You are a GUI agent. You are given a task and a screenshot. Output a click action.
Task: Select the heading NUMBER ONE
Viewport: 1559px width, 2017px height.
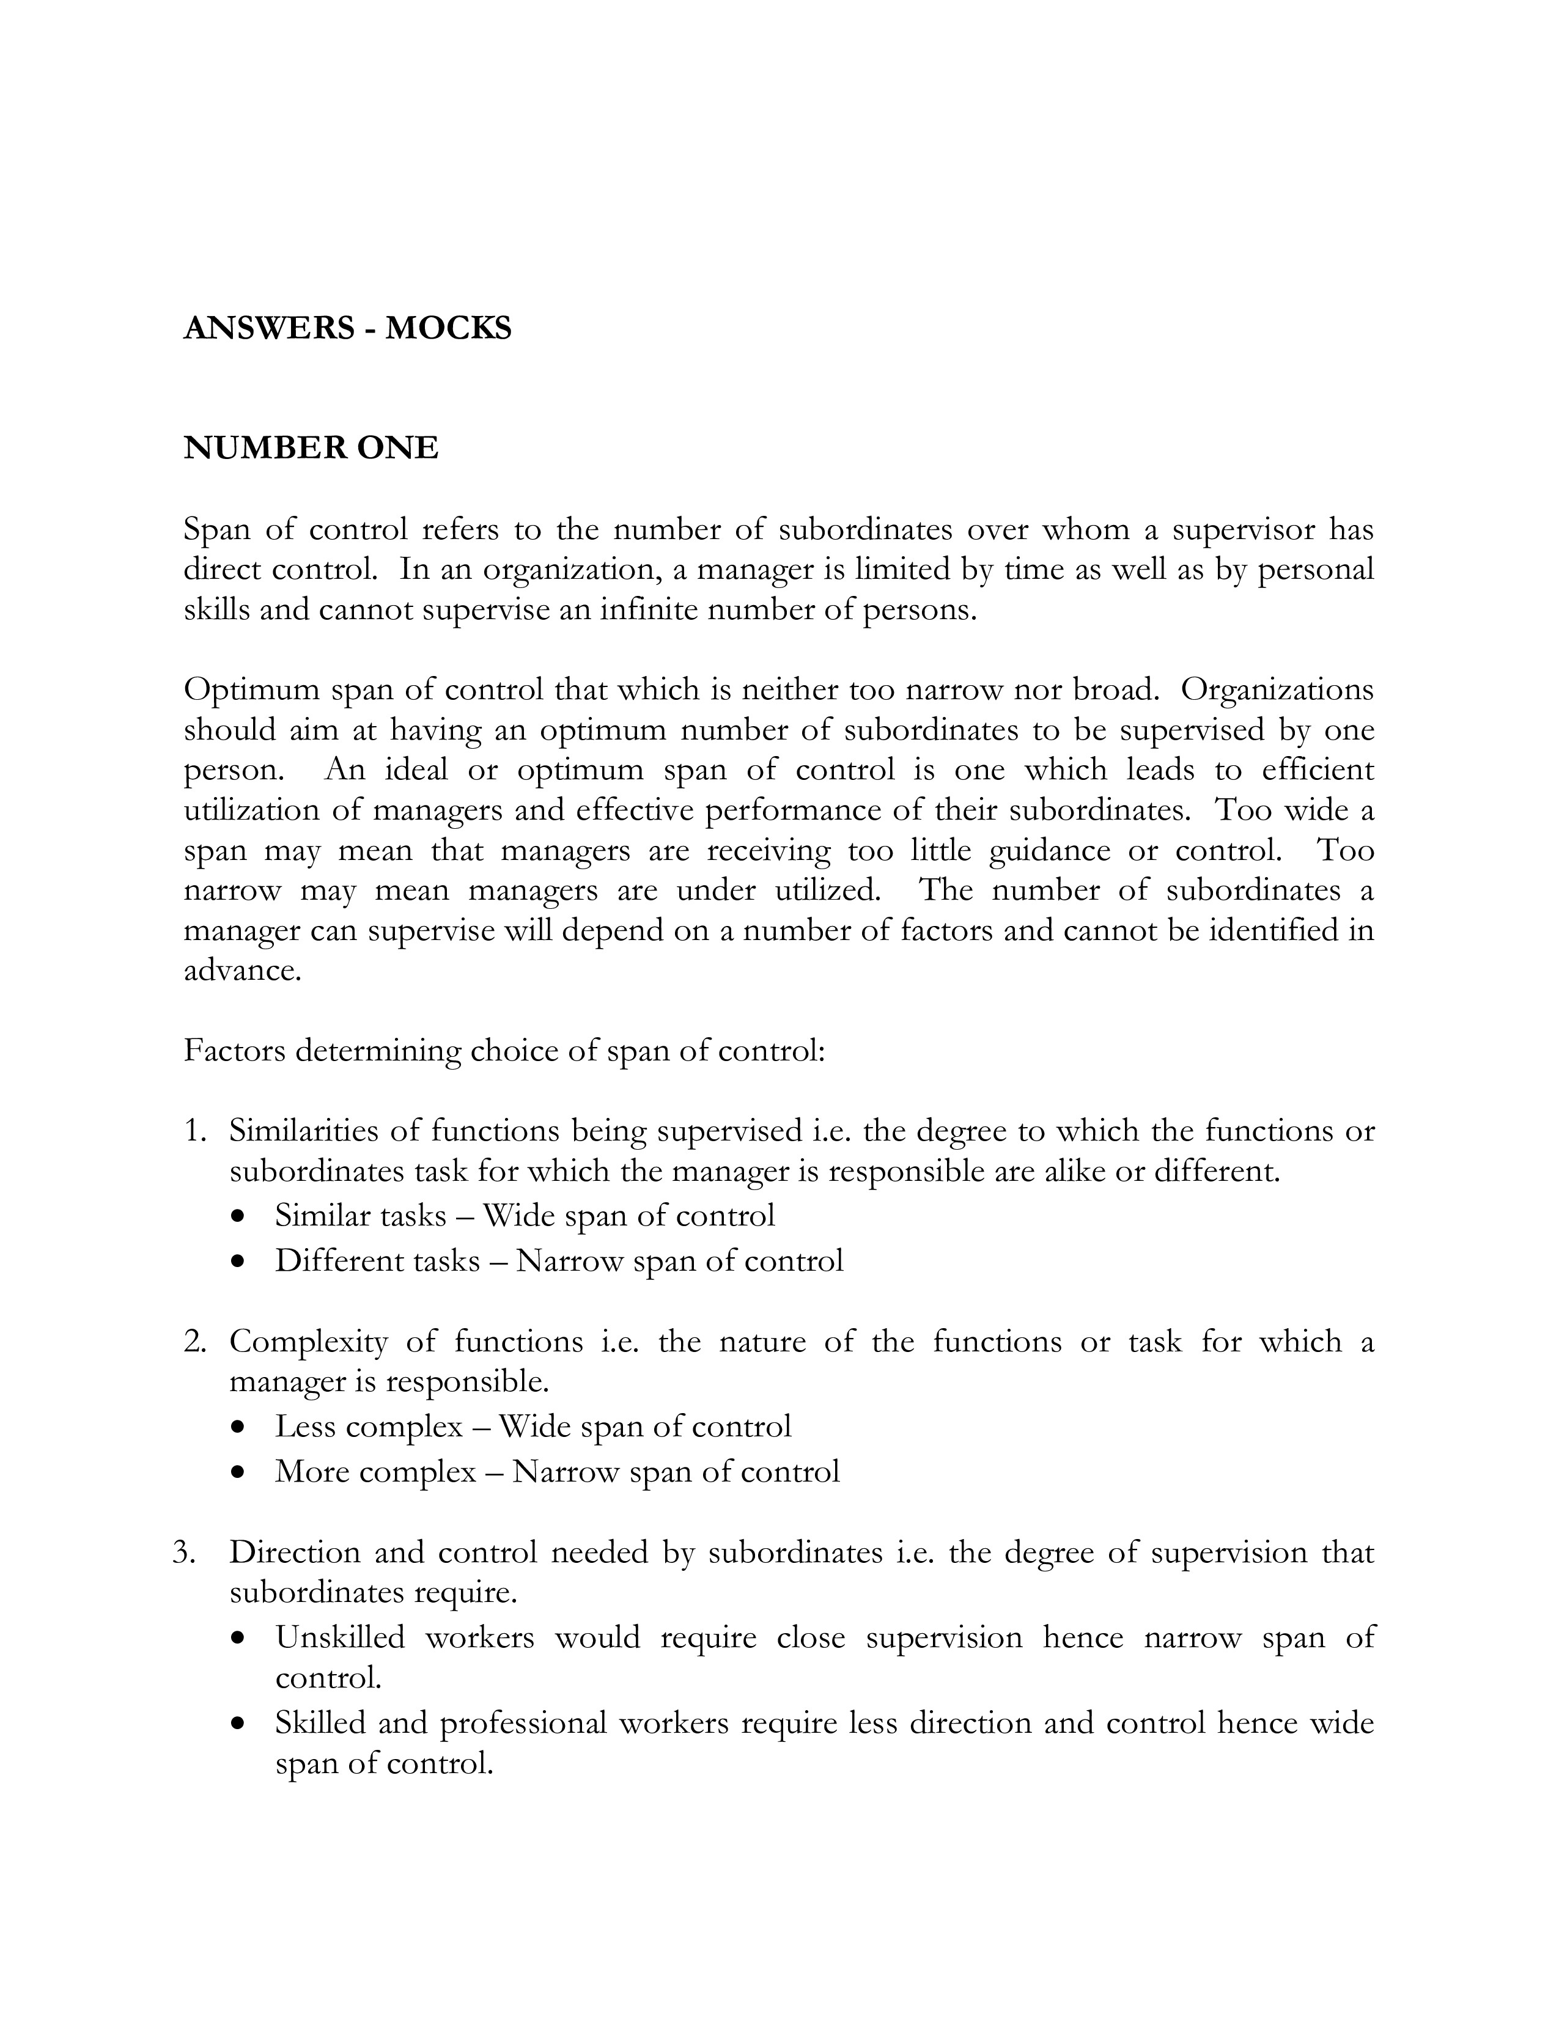point(311,448)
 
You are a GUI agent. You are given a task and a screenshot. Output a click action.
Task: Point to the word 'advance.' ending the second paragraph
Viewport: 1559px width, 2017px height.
point(243,971)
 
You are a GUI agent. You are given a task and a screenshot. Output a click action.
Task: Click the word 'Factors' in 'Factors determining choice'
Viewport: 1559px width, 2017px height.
point(235,1051)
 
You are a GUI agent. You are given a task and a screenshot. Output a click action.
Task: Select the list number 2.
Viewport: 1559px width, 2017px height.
point(193,1342)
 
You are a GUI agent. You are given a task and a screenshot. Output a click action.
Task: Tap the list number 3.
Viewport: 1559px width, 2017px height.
point(184,1552)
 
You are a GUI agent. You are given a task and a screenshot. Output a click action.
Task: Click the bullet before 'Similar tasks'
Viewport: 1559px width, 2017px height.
point(240,1217)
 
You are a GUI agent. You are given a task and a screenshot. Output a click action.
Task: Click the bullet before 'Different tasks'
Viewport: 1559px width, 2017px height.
point(240,1262)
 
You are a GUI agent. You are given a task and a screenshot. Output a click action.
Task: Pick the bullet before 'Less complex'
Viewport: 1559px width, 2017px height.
point(240,1428)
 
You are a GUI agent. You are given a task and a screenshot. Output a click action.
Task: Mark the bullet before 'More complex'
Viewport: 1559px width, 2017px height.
point(240,1472)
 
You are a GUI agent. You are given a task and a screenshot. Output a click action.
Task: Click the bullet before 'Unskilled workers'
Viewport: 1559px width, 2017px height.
point(240,1638)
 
